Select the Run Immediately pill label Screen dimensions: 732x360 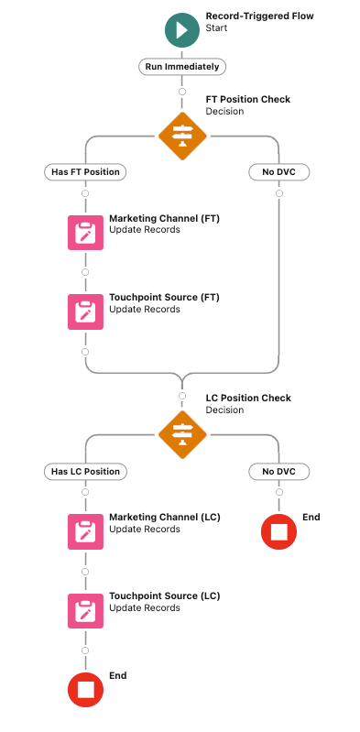point(183,67)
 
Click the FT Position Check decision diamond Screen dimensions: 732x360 point(183,135)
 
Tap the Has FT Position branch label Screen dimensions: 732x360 point(85,171)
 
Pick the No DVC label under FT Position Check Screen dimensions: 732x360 point(278,171)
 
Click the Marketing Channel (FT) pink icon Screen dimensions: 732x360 point(85,233)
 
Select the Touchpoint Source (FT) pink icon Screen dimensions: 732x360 point(85,311)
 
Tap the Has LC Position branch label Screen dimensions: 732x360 point(85,471)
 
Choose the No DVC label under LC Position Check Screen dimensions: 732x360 point(278,471)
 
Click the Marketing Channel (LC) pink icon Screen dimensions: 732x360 point(85,532)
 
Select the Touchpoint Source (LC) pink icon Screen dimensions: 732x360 point(85,611)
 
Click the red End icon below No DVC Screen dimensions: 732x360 point(278,532)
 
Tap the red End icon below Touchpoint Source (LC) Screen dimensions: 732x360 point(85,690)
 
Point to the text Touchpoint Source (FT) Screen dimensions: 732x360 point(164,298)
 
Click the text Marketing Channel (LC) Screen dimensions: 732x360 point(165,518)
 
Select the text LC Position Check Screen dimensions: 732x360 point(248,399)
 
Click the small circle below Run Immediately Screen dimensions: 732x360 point(183,91)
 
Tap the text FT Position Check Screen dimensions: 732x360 point(248,99)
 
